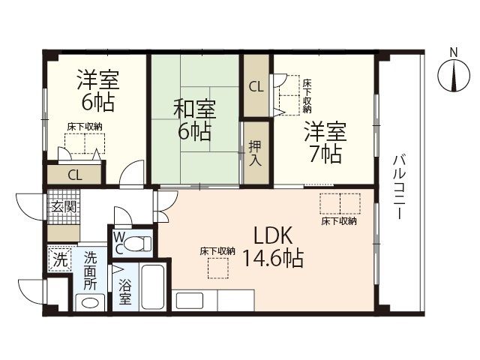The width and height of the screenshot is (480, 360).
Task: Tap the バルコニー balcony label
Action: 398,186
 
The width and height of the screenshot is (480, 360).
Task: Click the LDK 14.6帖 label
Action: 272,247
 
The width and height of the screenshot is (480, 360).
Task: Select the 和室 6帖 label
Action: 194,121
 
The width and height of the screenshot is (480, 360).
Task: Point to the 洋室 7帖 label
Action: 324,142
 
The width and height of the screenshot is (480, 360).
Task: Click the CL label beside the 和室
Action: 256,85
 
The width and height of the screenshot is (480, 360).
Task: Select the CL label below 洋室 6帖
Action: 75,175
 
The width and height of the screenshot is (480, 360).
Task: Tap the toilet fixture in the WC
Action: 137,244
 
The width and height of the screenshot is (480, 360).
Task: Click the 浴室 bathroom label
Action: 125,289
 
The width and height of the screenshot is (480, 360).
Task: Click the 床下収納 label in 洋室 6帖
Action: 83,127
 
